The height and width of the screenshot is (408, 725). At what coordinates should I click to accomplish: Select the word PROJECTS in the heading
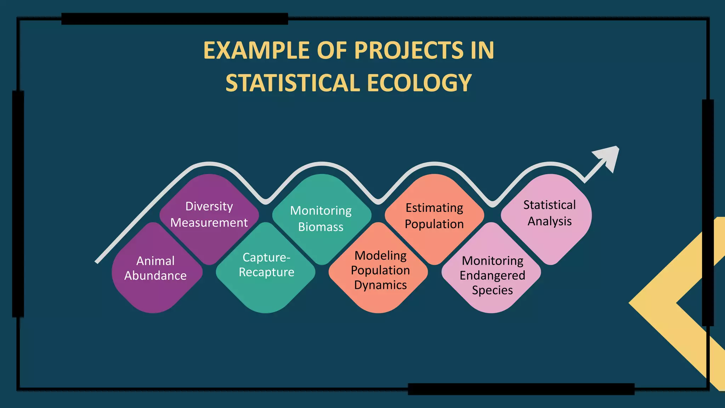pos(409,50)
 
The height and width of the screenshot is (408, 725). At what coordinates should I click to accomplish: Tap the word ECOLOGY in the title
pos(419,83)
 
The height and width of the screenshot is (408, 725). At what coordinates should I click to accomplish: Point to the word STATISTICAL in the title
pos(293,83)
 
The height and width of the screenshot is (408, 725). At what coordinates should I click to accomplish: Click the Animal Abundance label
pos(155,268)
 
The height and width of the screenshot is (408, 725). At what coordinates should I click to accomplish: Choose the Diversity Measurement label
pos(209,214)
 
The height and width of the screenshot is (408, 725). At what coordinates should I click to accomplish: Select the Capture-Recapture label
pos(266,265)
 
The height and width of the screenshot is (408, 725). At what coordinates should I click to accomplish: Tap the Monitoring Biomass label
pos(321,219)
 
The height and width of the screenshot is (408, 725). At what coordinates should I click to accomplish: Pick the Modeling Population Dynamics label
pos(380,270)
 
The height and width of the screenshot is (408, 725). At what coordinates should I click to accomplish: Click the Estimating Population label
pos(434,216)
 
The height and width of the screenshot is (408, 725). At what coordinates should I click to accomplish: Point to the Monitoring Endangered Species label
pos(492,275)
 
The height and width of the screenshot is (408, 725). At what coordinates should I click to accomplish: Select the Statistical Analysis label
pos(549,213)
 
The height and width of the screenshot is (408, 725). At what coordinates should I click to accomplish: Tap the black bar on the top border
pos(175,19)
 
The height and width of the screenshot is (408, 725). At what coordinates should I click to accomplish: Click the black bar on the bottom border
pos(521,389)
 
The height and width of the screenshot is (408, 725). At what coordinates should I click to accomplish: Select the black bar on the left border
pos(18,204)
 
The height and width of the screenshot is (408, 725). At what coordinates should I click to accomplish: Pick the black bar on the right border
pos(708,212)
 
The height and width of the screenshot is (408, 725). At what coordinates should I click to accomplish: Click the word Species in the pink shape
pos(492,290)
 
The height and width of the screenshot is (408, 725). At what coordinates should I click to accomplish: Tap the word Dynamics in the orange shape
pos(380,285)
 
